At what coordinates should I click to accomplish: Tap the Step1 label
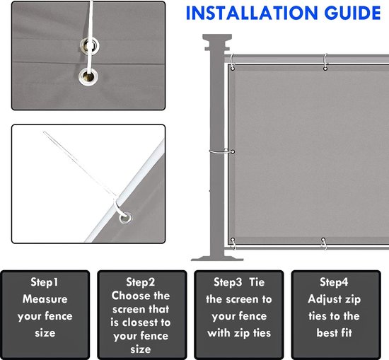pyautogui.click(x=45, y=282)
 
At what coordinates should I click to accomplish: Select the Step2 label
pyautogui.click(x=141, y=282)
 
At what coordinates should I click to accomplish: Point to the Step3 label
pyautogui.click(x=228, y=282)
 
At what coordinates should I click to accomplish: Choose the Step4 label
pyautogui.click(x=334, y=282)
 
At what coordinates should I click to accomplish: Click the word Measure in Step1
pyautogui.click(x=45, y=299)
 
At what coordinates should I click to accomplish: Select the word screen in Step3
pyautogui.click(x=239, y=299)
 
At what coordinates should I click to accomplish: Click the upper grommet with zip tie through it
pyautogui.click(x=90, y=46)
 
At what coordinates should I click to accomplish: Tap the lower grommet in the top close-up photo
pyautogui.click(x=88, y=76)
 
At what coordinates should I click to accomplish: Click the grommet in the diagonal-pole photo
pyautogui.click(x=125, y=218)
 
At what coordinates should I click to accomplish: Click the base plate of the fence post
pyautogui.click(x=217, y=258)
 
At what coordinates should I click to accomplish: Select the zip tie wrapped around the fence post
pyautogui.click(x=222, y=151)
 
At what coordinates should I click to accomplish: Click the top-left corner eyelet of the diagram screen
pyautogui.click(x=233, y=68)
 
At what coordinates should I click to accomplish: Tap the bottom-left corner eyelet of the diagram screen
pyautogui.click(x=233, y=240)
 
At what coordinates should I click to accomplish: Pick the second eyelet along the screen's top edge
pyautogui.click(x=325, y=68)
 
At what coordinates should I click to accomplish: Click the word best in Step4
pyautogui.click(x=325, y=333)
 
